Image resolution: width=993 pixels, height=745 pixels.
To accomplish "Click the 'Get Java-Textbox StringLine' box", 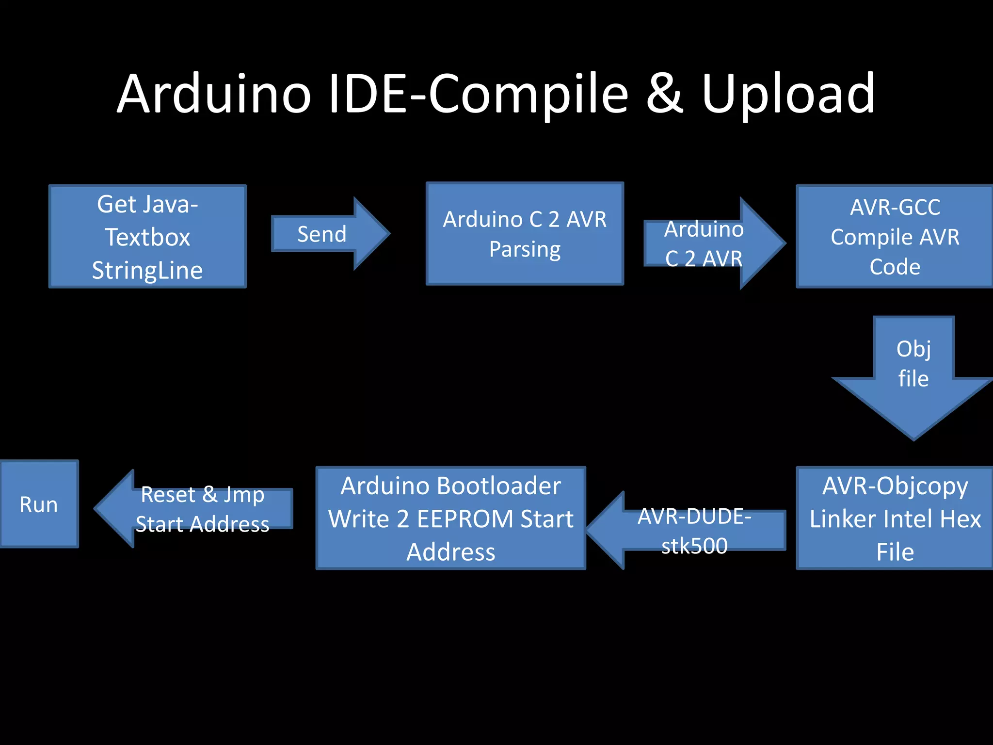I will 147,237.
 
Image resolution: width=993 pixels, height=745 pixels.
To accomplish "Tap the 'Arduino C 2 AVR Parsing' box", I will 525,234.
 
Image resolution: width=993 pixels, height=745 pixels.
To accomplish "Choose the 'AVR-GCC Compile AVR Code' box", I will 895,237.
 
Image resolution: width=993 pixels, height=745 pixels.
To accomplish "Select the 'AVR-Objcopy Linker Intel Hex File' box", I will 895,518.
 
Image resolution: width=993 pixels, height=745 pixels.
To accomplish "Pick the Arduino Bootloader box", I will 451,518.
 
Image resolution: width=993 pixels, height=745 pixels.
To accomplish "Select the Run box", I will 39,504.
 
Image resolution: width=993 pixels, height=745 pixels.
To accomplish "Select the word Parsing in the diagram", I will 525,250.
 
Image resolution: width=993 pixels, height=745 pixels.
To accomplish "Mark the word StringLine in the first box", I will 147,271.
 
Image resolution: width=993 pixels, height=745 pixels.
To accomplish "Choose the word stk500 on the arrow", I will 694,546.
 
